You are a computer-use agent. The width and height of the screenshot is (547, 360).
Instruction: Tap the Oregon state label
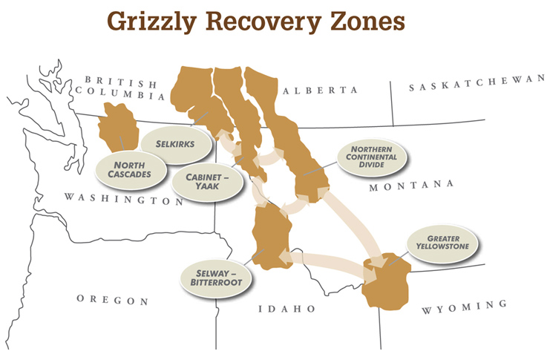[x=112, y=301]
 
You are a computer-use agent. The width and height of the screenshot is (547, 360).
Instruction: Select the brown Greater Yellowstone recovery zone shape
[x=387, y=284]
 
